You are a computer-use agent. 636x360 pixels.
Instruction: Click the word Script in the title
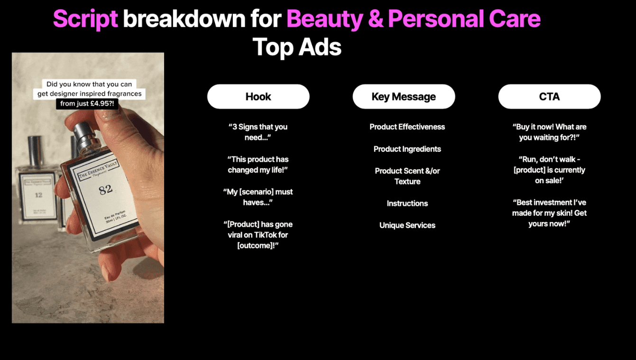pyautogui.click(x=85, y=19)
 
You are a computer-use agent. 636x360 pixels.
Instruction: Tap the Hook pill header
pyautogui.click(x=258, y=97)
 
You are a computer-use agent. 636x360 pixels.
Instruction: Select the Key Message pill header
pyautogui.click(x=404, y=97)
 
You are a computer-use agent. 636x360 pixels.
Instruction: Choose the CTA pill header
pyautogui.click(x=549, y=97)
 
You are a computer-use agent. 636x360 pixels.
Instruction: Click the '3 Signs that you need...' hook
pyautogui.click(x=258, y=132)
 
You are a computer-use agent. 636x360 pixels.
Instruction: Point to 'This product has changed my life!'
pyautogui.click(x=258, y=165)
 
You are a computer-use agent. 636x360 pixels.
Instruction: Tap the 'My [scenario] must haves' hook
pyautogui.click(x=258, y=197)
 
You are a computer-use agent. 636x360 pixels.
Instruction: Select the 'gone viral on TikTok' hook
pyautogui.click(x=258, y=235)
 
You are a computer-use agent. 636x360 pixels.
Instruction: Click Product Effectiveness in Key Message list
pyautogui.click(x=407, y=127)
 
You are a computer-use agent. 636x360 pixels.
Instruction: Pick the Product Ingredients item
pyautogui.click(x=407, y=149)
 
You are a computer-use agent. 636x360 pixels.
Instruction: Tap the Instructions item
pyautogui.click(x=407, y=203)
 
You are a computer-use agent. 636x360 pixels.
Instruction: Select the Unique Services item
pyautogui.click(x=407, y=225)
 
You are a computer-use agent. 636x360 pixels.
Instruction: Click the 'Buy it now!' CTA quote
pyautogui.click(x=549, y=132)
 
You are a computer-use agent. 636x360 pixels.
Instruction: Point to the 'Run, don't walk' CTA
pyautogui.click(x=549, y=170)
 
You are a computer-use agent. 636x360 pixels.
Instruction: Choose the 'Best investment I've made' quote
pyautogui.click(x=549, y=213)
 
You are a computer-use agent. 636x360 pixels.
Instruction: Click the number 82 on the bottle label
pyautogui.click(x=105, y=190)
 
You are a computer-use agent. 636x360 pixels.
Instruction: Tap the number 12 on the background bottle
pyautogui.click(x=38, y=194)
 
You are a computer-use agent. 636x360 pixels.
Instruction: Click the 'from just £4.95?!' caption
pyautogui.click(x=87, y=103)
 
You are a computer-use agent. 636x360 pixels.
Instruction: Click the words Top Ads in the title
pyautogui.click(x=297, y=47)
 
